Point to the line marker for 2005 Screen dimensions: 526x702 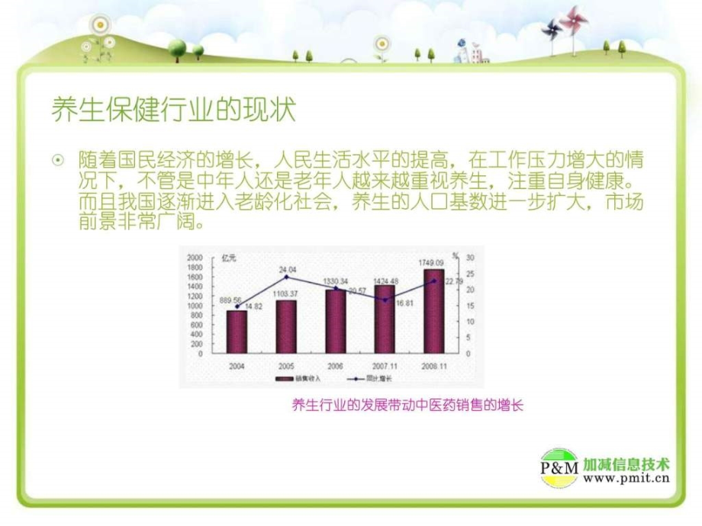[286, 277]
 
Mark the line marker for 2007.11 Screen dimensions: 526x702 [385, 300]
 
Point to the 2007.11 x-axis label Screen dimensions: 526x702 [385, 366]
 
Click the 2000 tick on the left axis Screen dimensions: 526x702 [195, 257]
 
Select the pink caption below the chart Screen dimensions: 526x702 [407, 406]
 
